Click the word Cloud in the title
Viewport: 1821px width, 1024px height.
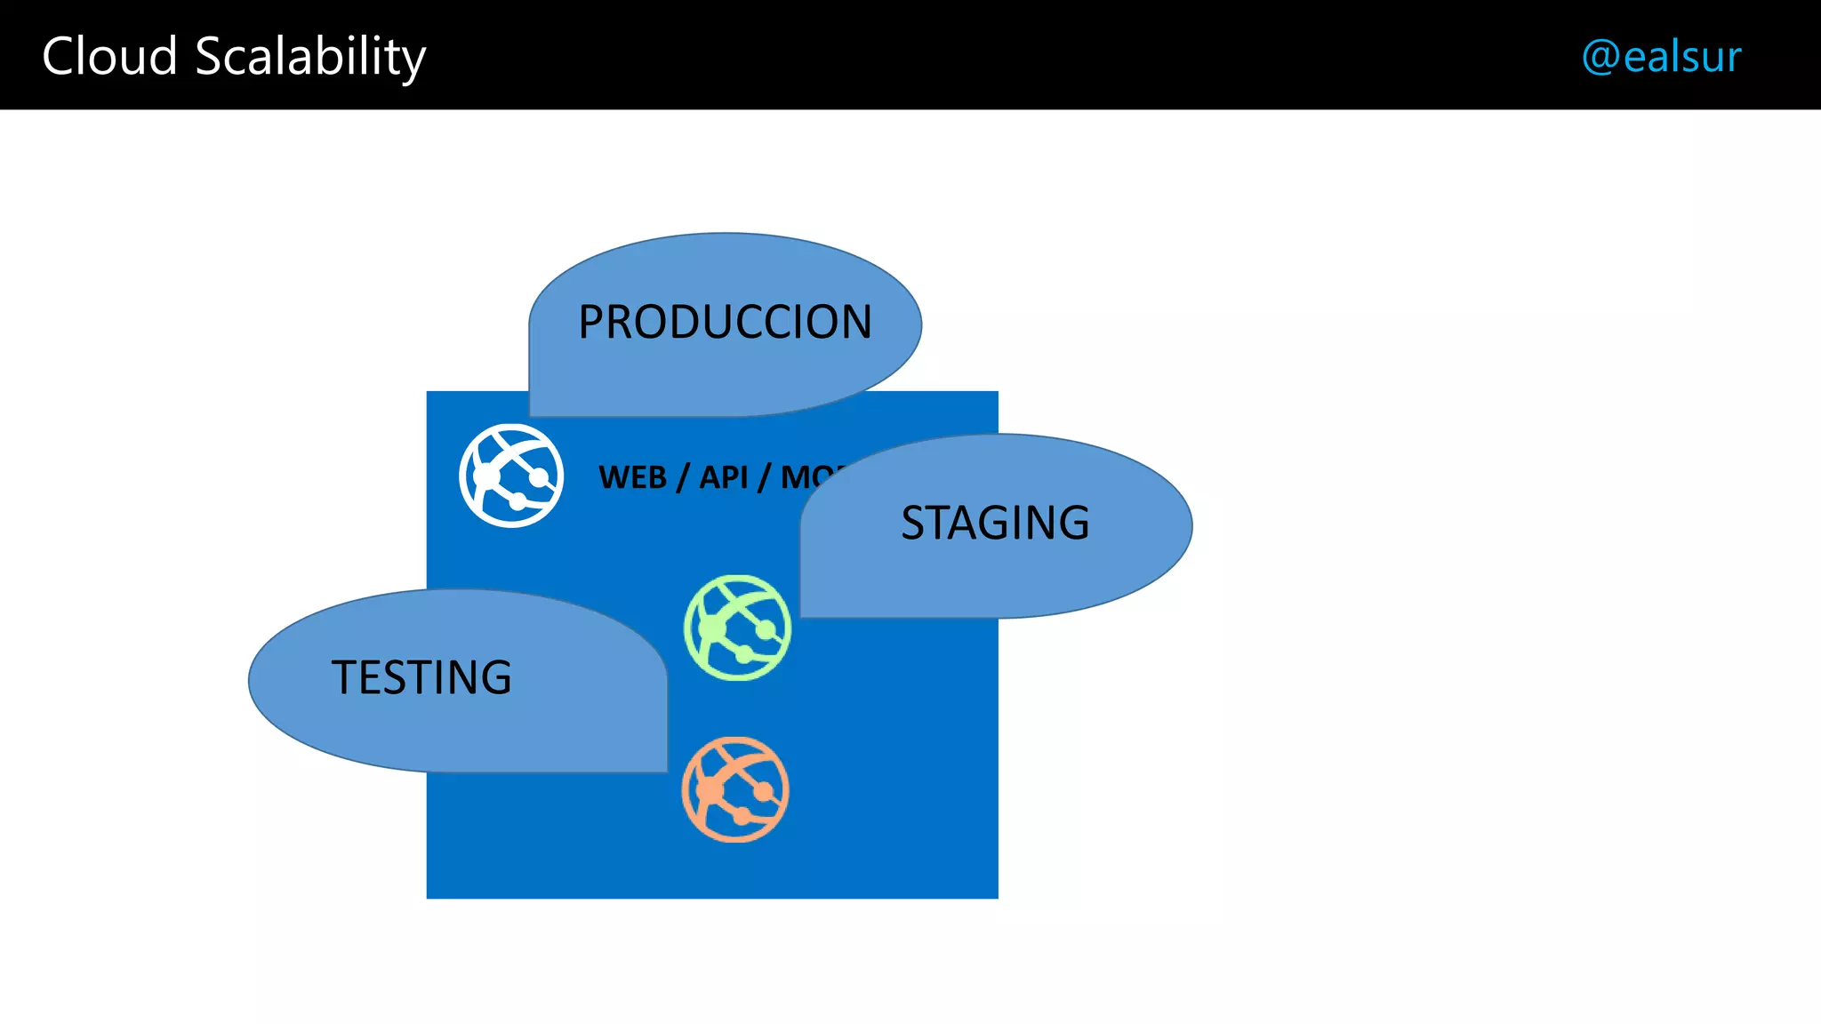tap(109, 57)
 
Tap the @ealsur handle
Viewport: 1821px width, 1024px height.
tap(1661, 57)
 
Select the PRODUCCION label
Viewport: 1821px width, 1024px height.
tap(725, 322)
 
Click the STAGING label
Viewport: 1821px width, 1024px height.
tap(995, 523)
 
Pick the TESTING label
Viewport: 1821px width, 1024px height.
tap(421, 677)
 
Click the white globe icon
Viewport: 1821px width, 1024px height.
tap(511, 476)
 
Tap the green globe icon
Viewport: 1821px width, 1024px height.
tap(737, 628)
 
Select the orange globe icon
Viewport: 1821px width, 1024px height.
tap(735, 789)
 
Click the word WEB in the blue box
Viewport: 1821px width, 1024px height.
tap(632, 478)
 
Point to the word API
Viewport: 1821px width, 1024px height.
tap(723, 478)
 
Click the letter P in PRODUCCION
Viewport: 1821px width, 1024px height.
tap(592, 322)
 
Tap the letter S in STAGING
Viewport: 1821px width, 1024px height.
tap(915, 523)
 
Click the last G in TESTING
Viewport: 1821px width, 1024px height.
tap(494, 677)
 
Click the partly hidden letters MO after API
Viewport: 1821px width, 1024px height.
tap(810, 478)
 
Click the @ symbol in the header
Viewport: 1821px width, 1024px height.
tap(1600, 57)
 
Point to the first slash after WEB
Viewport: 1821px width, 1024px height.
tap(683, 478)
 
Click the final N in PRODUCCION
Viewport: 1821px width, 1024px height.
tap(855, 322)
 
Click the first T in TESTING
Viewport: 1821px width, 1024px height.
tap(344, 677)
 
